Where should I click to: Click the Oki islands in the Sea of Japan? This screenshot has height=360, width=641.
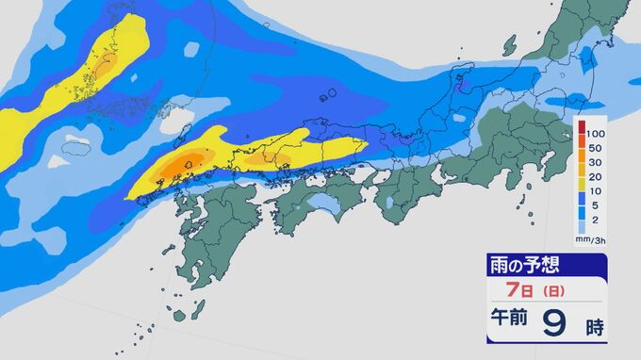click(x=327, y=95)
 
